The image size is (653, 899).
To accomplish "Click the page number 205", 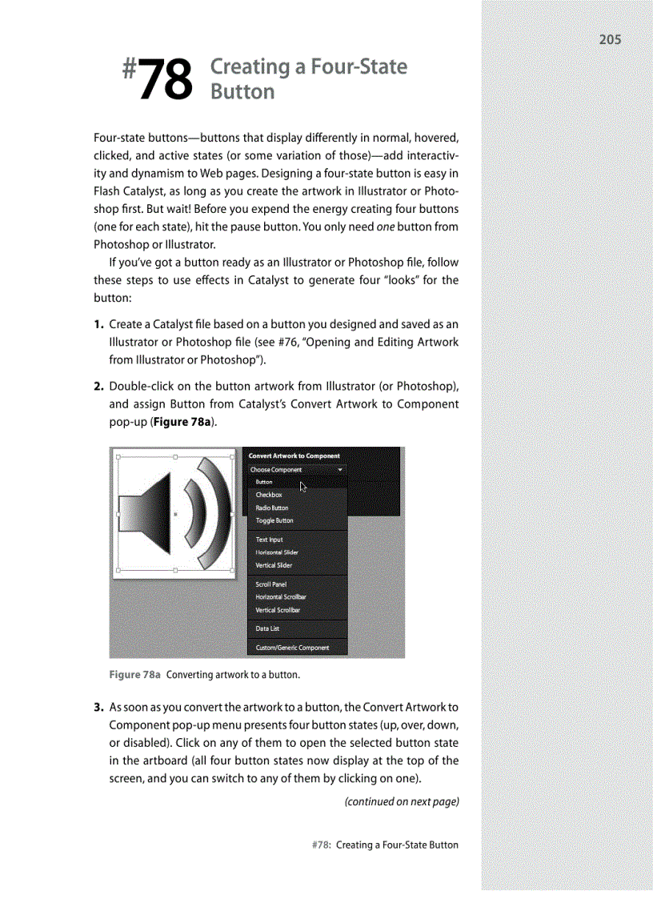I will (x=609, y=39).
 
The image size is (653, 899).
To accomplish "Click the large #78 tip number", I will (x=158, y=79).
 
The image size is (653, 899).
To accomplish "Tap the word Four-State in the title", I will (x=360, y=67).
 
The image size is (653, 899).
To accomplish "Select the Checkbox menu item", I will (x=269, y=495).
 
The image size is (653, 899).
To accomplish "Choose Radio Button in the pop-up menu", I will (x=272, y=508).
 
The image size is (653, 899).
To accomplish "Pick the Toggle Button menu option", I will (x=274, y=520).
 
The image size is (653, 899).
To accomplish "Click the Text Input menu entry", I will (x=270, y=540).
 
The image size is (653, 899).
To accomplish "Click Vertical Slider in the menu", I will (x=274, y=565).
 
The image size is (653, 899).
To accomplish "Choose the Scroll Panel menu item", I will (x=271, y=584).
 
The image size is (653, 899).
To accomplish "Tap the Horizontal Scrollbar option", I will (x=281, y=597).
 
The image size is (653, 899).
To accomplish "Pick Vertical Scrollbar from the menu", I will (x=278, y=610).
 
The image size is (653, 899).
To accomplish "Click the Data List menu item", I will (x=268, y=628).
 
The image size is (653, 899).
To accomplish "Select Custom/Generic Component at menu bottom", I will (x=291, y=648).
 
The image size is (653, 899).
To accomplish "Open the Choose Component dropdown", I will (x=296, y=470).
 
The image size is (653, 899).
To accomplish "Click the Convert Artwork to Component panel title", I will (x=294, y=456).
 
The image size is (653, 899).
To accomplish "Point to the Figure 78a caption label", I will (x=134, y=675).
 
